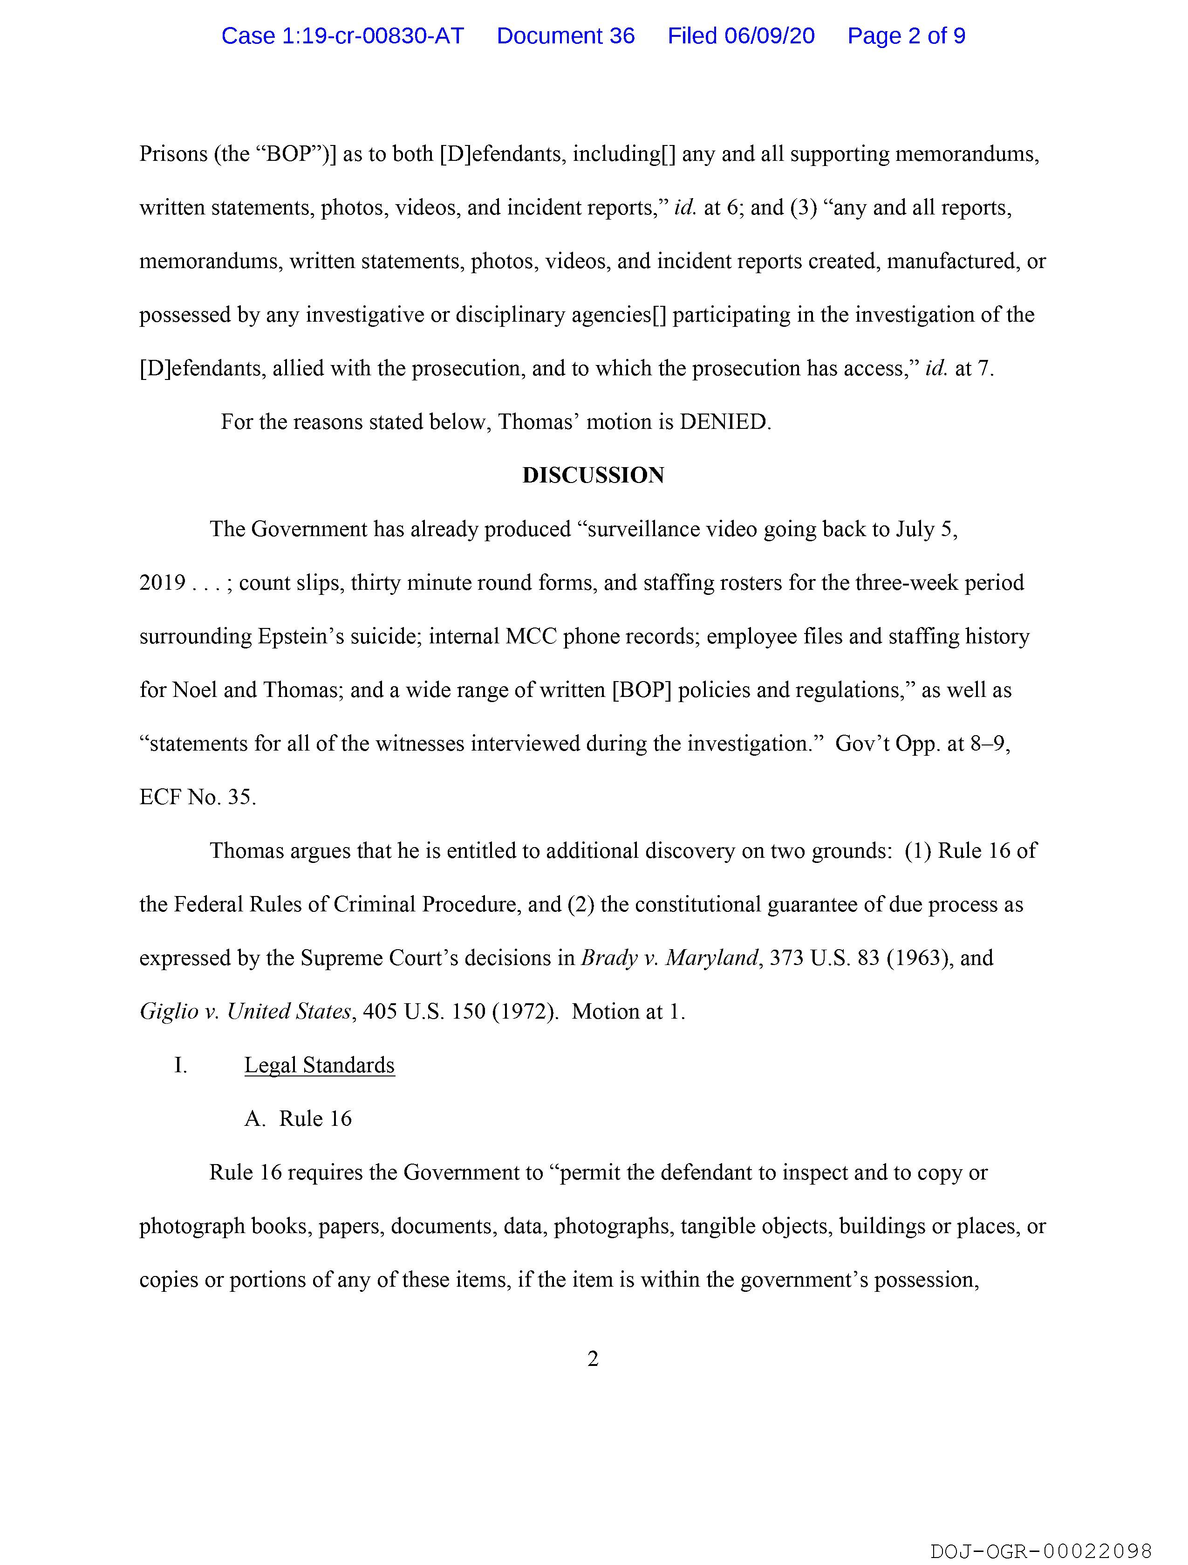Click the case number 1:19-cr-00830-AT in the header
tap(342, 36)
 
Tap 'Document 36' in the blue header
tap(565, 36)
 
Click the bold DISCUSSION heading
tap(593, 476)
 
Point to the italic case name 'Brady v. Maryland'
tap(669, 958)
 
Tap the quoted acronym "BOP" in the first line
tap(292, 154)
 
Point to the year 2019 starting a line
tap(163, 583)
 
